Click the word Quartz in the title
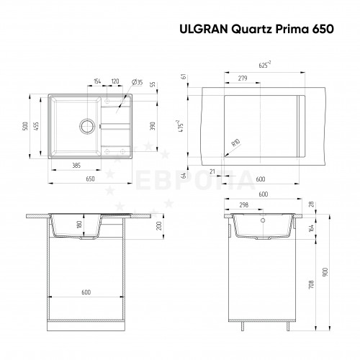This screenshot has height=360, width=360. pos(251,30)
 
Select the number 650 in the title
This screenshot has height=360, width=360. pos(323,30)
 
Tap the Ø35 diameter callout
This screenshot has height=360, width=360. pos(138,82)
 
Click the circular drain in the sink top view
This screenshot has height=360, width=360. pos(87,126)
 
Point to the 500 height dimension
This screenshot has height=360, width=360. pos(25,126)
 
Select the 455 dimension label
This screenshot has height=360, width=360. pos(36,126)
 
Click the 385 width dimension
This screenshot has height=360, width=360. pos(76,166)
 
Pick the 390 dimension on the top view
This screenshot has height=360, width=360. pos(153,126)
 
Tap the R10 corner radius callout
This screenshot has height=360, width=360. pos(235,143)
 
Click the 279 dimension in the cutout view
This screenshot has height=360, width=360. pos(243,78)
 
